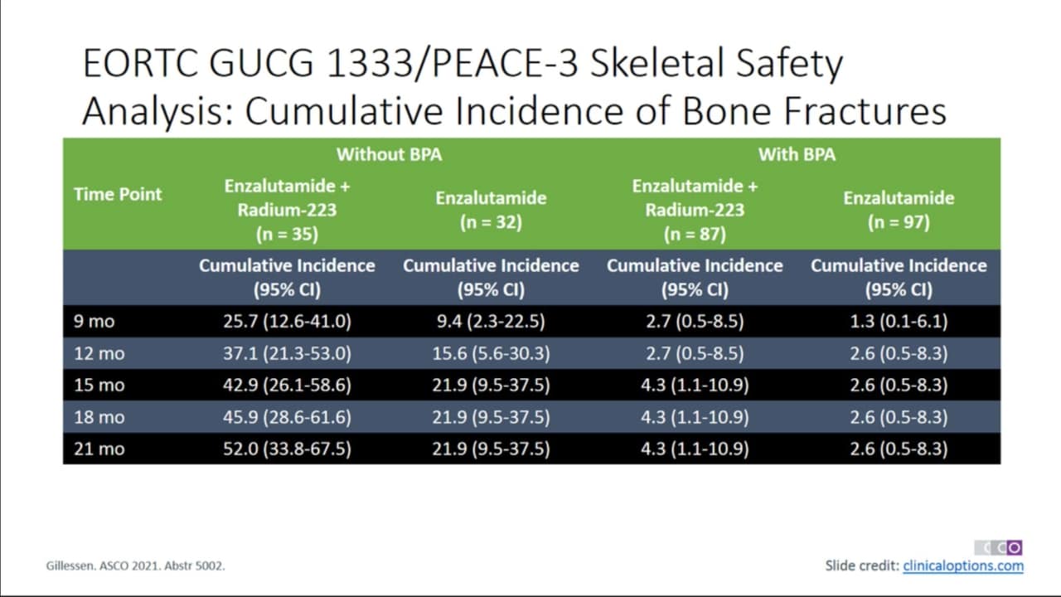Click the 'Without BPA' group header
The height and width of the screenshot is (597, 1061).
tap(390, 154)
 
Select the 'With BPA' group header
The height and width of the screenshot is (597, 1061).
tap(797, 154)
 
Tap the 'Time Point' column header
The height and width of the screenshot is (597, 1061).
tap(118, 194)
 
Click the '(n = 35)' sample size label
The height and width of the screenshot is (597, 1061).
tap(287, 234)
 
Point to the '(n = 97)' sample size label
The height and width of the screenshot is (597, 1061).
tap(899, 222)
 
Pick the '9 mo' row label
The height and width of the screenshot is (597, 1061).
tap(94, 321)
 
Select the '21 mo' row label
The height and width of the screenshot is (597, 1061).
tap(99, 449)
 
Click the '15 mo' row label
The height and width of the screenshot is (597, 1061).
tap(99, 386)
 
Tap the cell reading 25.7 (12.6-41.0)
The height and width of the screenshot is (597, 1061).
tap(287, 321)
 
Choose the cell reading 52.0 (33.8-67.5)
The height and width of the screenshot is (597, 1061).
tap(287, 449)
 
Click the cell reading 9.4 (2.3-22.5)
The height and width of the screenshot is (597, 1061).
tap(491, 321)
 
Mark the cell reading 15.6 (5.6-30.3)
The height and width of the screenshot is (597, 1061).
tap(491, 353)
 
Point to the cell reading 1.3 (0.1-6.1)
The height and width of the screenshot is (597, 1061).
tap(899, 321)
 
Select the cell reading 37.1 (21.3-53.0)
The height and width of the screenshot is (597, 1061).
tap(287, 353)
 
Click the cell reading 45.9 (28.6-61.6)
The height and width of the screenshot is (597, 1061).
tap(287, 417)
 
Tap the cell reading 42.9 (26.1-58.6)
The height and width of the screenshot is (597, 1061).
tap(287, 386)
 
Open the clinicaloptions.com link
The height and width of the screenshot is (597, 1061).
tap(963, 565)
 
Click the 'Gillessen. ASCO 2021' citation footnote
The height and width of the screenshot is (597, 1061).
tap(135, 565)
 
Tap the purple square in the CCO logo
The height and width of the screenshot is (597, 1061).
tap(1014, 548)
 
